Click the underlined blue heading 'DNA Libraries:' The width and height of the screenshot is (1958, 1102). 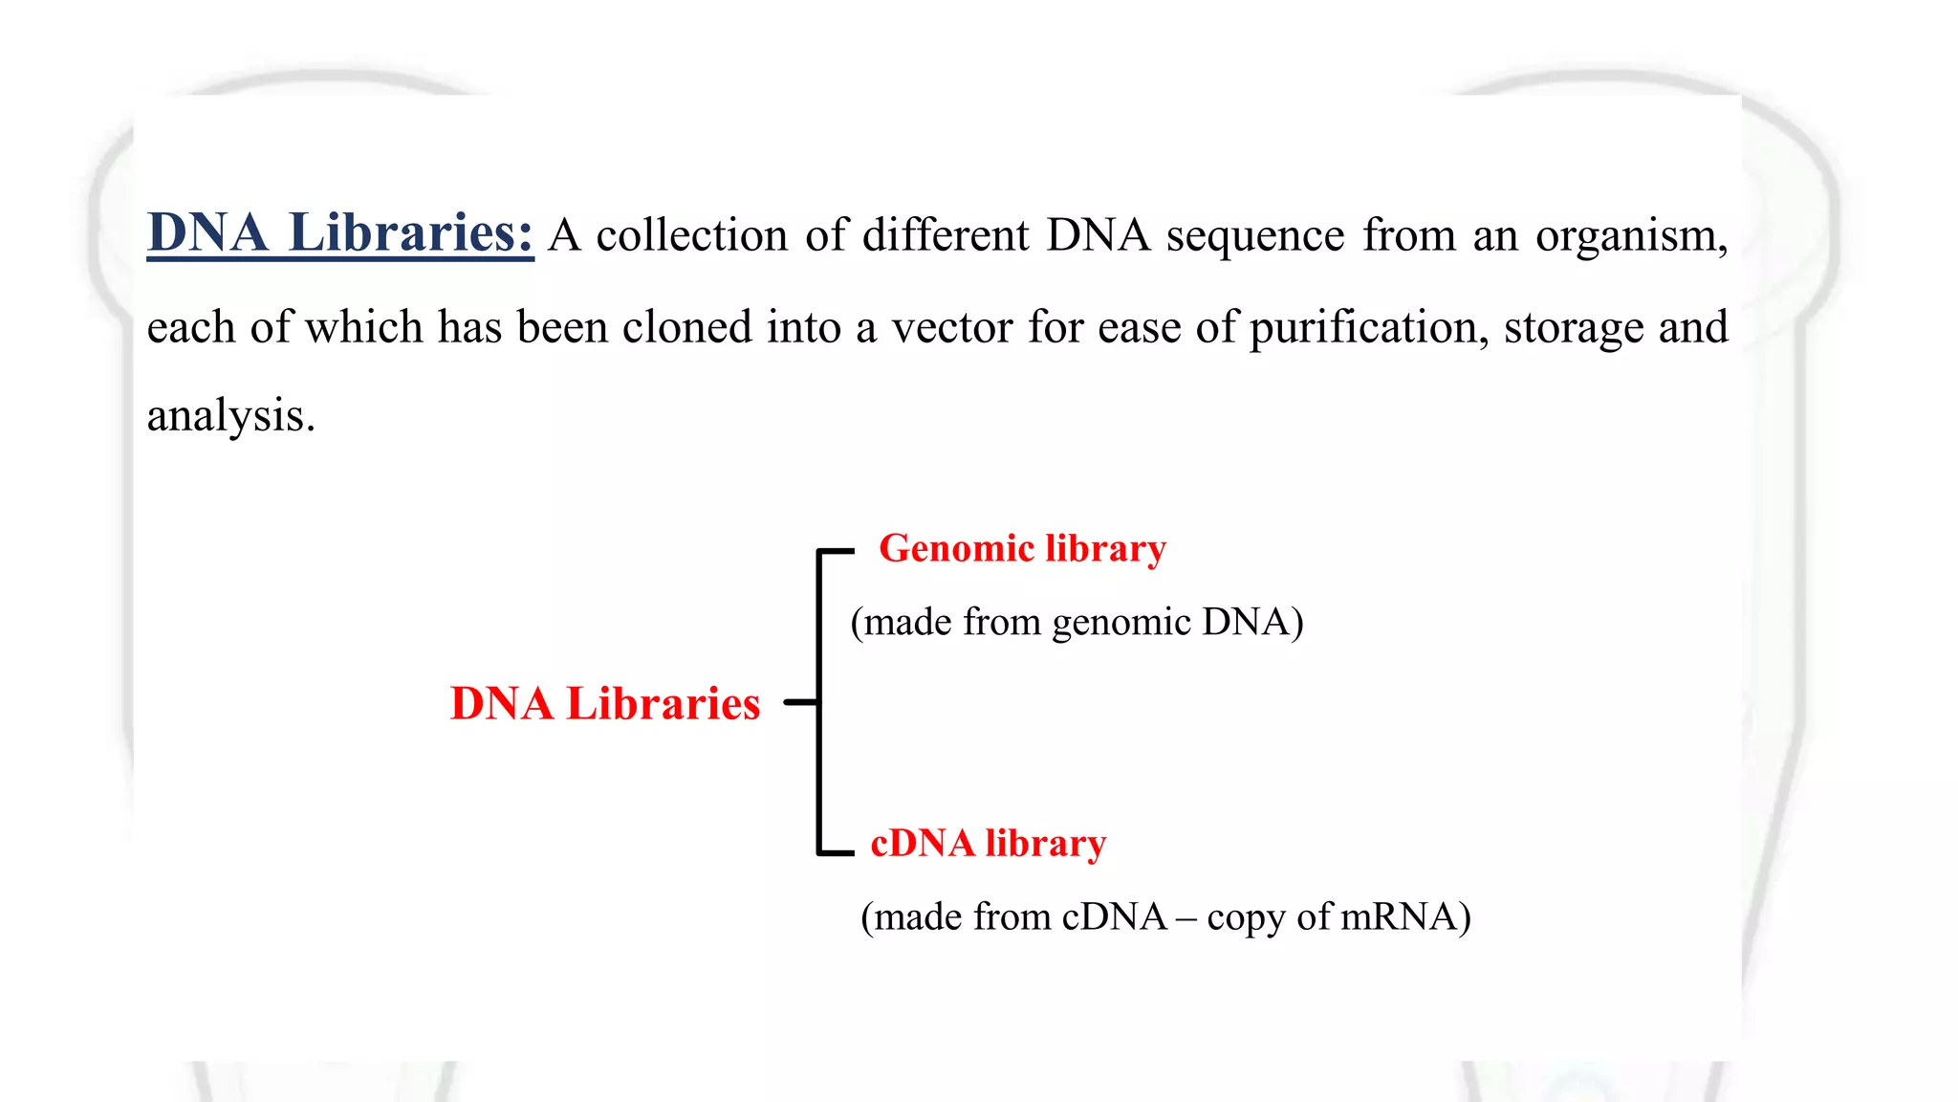point(339,232)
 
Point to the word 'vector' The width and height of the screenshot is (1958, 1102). point(952,327)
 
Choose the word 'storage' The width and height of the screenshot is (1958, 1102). point(1573,327)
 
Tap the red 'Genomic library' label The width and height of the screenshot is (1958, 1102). point(1022,549)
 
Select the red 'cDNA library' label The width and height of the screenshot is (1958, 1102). point(989,844)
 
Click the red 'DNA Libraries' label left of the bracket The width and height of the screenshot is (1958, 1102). point(605,703)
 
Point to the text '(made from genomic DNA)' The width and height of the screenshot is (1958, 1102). point(1077,622)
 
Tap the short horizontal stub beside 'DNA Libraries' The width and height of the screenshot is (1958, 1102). point(800,702)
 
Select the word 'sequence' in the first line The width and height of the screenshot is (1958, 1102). point(1255,235)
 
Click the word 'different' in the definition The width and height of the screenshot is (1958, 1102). point(946,235)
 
